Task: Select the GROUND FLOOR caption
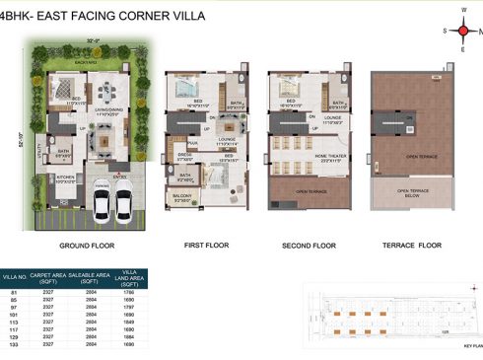[90, 245]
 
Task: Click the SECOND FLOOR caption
[309, 245]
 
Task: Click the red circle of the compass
[462, 31]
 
